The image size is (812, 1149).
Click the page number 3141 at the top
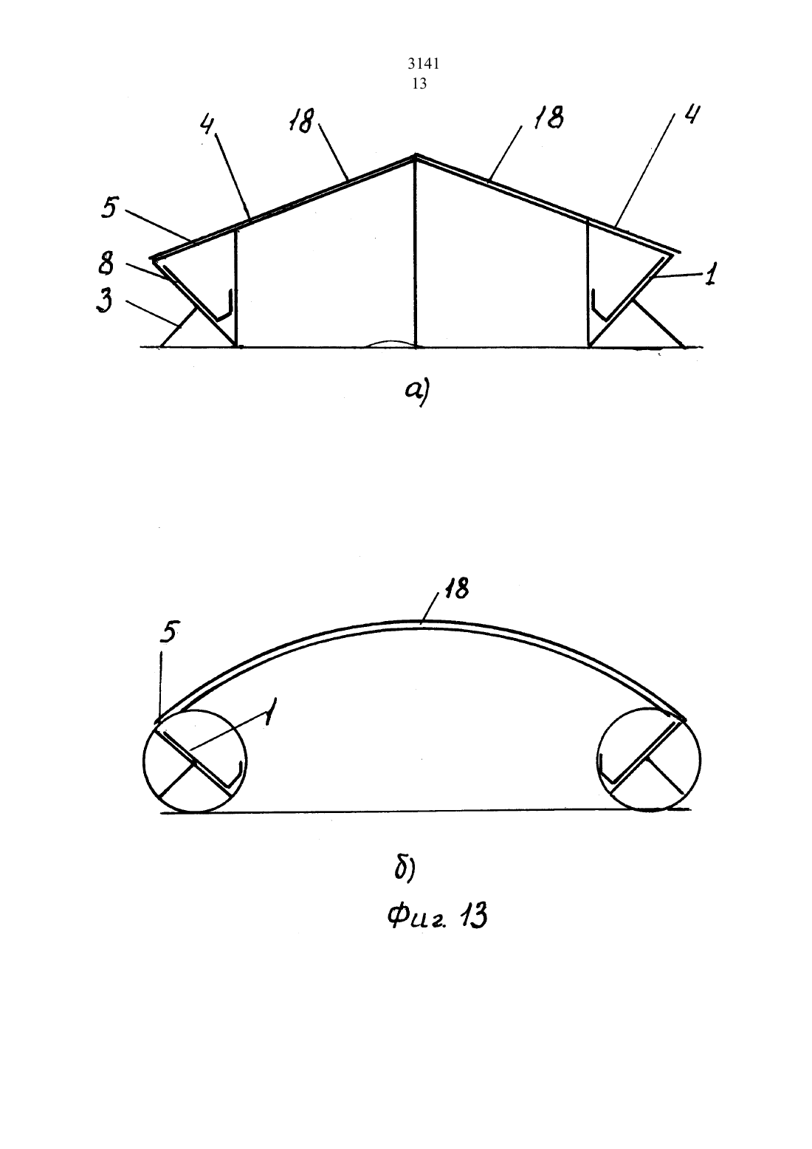point(423,64)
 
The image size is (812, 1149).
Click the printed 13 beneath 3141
point(419,83)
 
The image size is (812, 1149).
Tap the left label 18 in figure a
point(301,121)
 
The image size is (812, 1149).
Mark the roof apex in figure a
point(416,155)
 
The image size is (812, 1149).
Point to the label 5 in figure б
point(168,632)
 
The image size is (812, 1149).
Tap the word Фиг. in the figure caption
point(417,918)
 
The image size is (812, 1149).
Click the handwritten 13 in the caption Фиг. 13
point(472,916)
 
